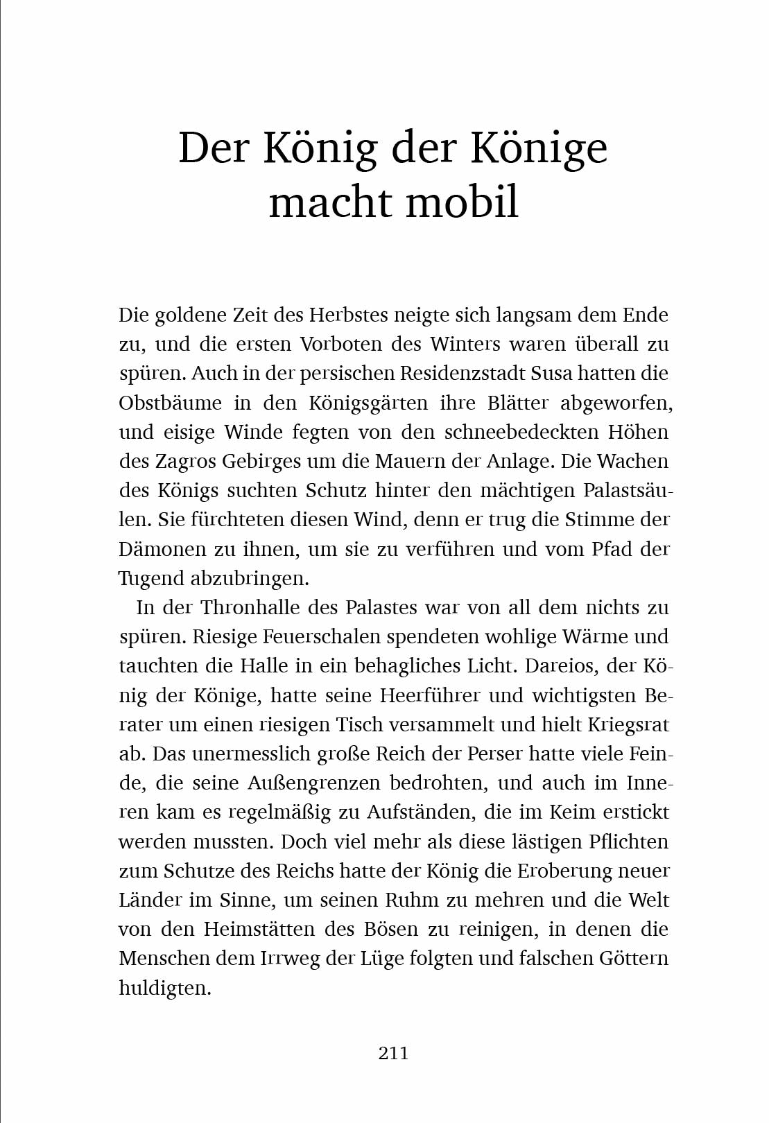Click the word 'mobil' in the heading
pos(462,202)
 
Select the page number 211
pos(393,1053)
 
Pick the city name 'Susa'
pos(551,374)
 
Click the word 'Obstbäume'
pos(171,403)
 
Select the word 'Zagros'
pos(180,462)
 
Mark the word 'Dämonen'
pos(162,549)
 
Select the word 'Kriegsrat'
pos(628,725)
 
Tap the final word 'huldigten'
pos(165,988)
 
